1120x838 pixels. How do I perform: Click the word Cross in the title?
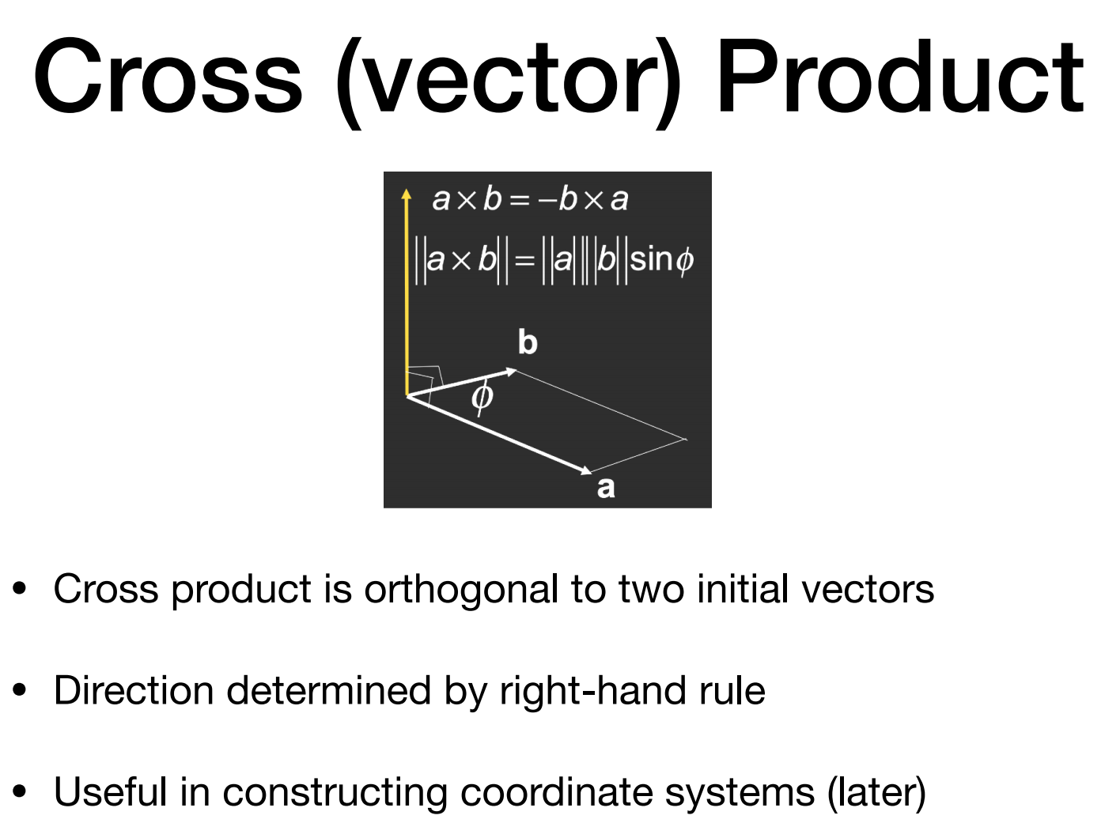click(168, 77)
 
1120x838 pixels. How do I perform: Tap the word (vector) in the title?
click(507, 79)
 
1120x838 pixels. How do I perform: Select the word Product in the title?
click(899, 77)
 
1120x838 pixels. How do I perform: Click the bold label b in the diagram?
click(528, 342)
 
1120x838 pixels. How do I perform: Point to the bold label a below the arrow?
click(606, 487)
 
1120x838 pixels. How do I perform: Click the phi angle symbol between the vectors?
click(482, 397)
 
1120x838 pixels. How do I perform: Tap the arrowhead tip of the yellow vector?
click(407, 193)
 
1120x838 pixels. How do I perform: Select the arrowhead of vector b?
click(512, 371)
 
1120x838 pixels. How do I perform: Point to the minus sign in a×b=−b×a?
click(547, 200)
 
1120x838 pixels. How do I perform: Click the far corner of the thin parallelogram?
click(685, 439)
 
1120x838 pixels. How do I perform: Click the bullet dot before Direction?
click(20, 690)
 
